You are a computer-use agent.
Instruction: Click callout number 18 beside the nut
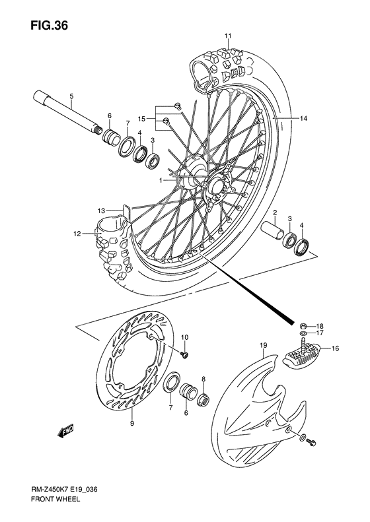coord(319,326)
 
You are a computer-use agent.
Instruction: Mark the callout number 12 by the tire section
coord(77,233)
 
